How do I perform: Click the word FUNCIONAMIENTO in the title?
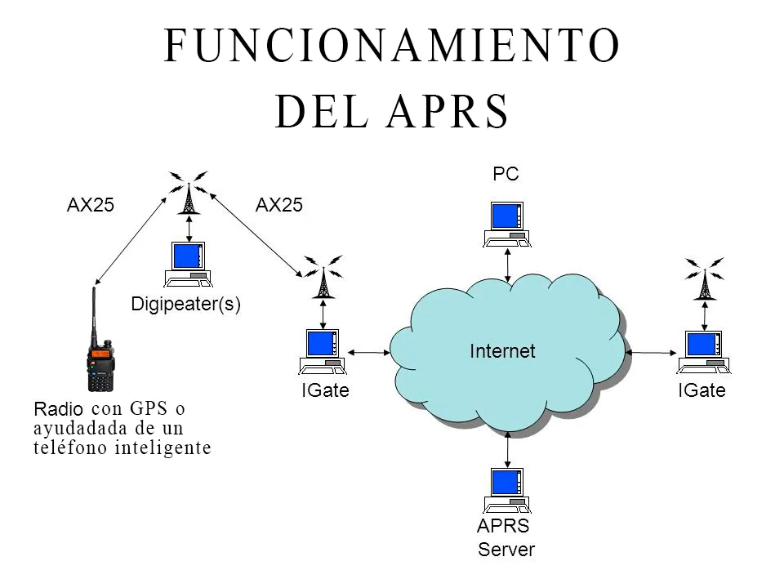(x=392, y=46)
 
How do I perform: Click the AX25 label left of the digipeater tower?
(x=90, y=206)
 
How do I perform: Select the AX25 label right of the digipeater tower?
(x=279, y=206)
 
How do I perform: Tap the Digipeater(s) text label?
(x=185, y=305)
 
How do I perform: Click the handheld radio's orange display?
(x=100, y=355)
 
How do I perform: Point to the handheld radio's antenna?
(x=94, y=314)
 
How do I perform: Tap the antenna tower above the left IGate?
(x=324, y=278)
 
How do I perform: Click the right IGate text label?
(x=702, y=390)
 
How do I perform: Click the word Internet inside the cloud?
(x=502, y=351)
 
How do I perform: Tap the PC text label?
(x=506, y=174)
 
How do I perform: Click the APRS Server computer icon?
(x=506, y=491)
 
